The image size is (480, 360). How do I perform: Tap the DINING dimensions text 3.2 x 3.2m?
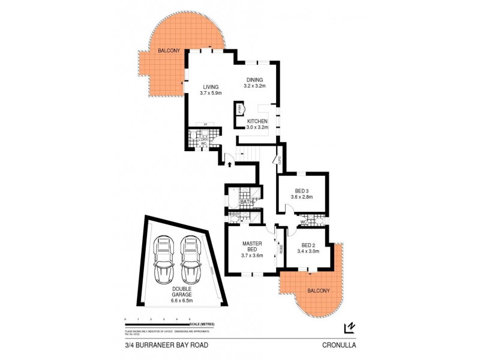coord(259,87)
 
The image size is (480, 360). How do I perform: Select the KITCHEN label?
coord(257,121)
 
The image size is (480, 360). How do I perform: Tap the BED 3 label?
coord(302,190)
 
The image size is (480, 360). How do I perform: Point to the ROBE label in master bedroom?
coord(280,248)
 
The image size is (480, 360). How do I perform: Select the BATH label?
coord(246,202)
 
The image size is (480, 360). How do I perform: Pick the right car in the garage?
coord(190,259)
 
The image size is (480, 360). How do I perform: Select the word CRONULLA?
coord(340,344)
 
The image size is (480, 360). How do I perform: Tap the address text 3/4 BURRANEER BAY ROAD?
coord(160,344)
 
